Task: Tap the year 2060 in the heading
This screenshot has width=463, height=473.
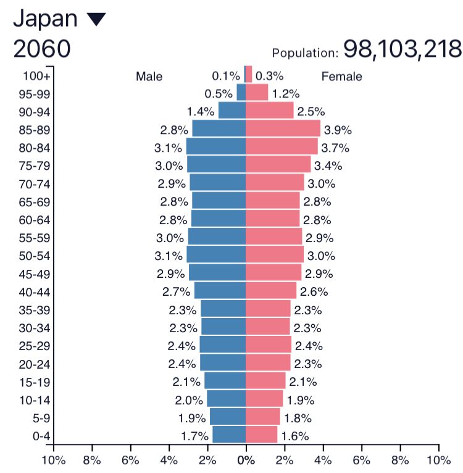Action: [41, 49]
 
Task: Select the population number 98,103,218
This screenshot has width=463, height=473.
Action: [402, 49]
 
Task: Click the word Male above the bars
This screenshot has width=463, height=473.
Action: [149, 77]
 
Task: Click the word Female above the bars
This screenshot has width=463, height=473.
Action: [341, 77]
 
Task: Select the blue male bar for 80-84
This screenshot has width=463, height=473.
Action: [216, 147]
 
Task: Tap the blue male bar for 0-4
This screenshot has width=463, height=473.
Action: [229, 435]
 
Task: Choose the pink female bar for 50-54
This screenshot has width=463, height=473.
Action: [275, 254]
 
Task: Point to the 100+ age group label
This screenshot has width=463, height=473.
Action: [37, 76]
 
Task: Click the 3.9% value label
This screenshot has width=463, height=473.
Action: [338, 130]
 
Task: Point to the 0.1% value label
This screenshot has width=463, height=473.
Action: [225, 76]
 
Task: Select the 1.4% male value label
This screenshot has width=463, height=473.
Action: [200, 112]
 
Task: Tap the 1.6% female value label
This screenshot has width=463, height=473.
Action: [295, 435]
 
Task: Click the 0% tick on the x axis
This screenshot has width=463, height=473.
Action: [246, 459]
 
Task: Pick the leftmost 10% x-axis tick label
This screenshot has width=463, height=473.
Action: [53, 459]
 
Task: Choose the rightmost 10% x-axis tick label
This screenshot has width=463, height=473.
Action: [438, 459]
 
